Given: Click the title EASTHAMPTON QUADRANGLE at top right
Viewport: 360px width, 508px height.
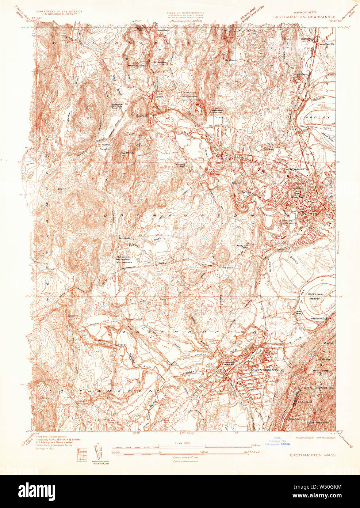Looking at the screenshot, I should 303,17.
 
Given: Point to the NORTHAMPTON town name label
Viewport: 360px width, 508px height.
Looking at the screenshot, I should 298,170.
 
